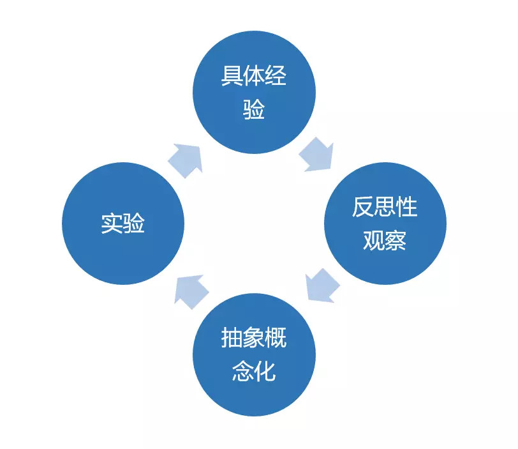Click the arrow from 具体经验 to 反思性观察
(x=317, y=155)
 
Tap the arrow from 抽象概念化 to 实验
(x=191, y=292)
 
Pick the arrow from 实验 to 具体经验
(x=186, y=161)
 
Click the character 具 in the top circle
(x=232, y=76)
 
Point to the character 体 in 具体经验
(x=254, y=76)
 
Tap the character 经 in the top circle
(x=276, y=76)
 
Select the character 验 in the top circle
(x=254, y=109)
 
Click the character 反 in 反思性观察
(x=363, y=207)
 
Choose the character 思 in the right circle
(x=385, y=208)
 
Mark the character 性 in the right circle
(x=406, y=207)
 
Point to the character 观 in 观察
(x=374, y=240)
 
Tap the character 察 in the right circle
(x=396, y=240)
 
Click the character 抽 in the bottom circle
(x=232, y=338)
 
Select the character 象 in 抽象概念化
(x=254, y=338)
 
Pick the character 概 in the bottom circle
(x=276, y=338)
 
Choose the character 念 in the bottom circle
(x=243, y=370)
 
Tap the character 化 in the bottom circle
(x=265, y=370)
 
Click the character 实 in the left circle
(x=112, y=224)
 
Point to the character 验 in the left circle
(x=133, y=224)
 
